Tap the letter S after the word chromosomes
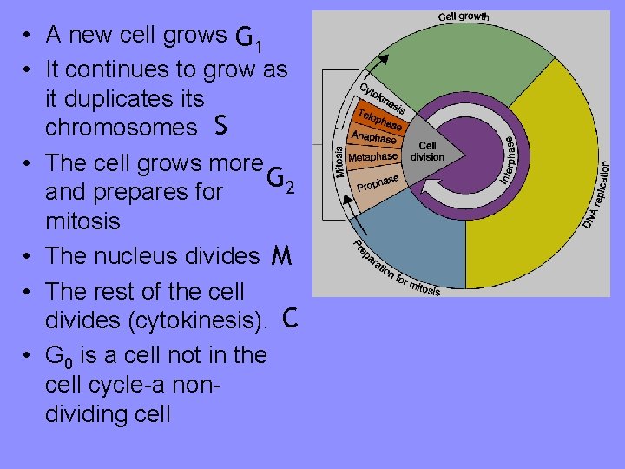pyautogui.click(x=220, y=127)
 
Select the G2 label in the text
pyautogui.click(x=281, y=180)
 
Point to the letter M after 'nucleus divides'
pyautogui.click(x=280, y=256)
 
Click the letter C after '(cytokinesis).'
pyautogui.click(x=290, y=320)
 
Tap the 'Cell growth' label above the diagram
pyautogui.click(x=463, y=17)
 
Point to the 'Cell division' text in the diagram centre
pyautogui.click(x=427, y=151)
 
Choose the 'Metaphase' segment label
pyautogui.click(x=372, y=157)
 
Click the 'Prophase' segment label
pyautogui.click(x=376, y=183)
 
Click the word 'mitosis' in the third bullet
pyautogui.click(x=82, y=221)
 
